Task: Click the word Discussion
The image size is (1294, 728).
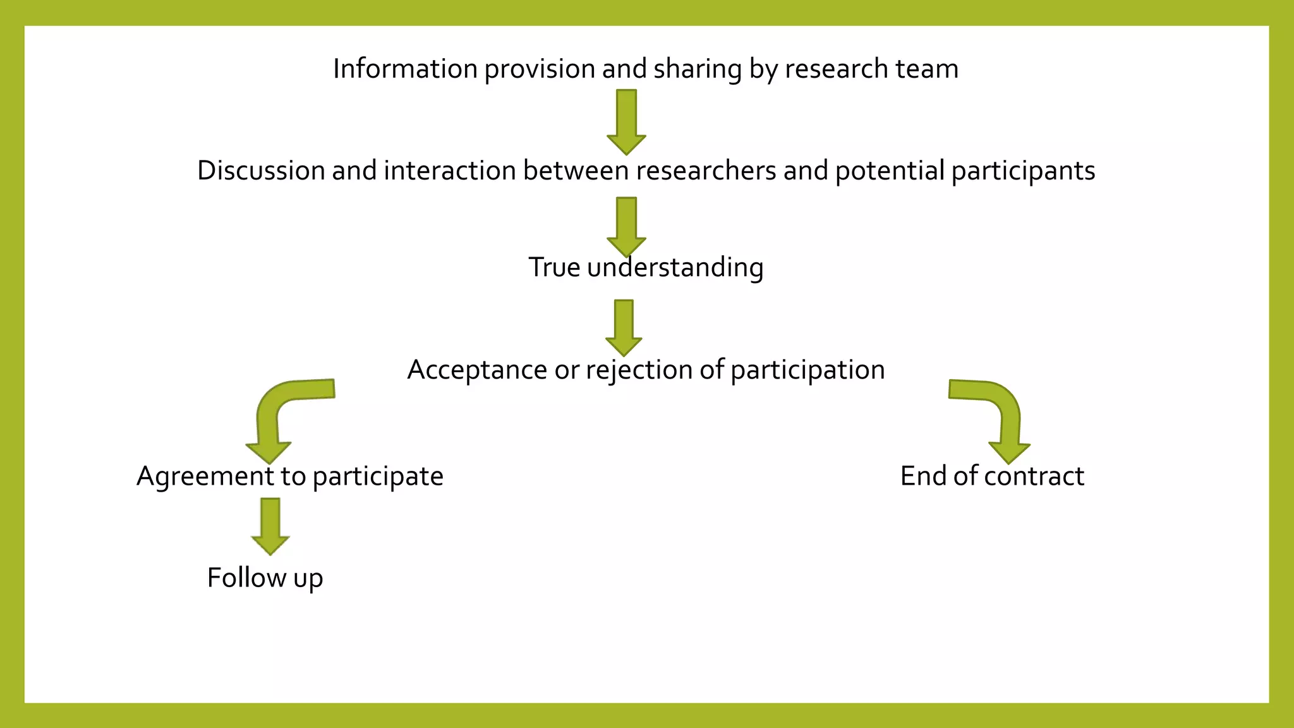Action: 261,171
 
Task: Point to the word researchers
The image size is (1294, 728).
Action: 706,171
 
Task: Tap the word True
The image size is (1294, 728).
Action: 554,267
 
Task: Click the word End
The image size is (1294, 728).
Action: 923,476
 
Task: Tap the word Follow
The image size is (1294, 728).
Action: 246,578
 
